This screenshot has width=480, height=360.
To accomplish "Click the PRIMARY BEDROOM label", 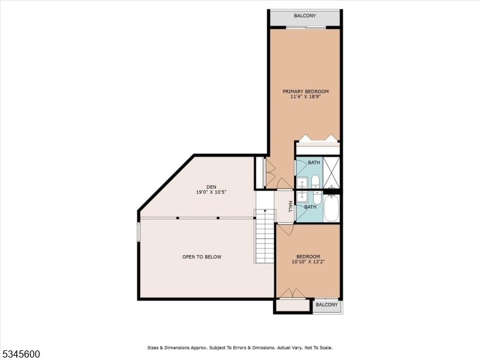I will (x=305, y=92).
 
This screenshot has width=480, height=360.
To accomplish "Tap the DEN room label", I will (x=211, y=187).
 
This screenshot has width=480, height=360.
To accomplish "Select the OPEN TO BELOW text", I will (x=202, y=257).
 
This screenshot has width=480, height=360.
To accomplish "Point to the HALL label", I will (x=290, y=206).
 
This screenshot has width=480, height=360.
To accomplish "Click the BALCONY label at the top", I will (x=305, y=16).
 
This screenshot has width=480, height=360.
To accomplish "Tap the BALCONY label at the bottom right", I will (x=327, y=305).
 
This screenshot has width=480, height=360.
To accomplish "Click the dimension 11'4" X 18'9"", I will (x=305, y=97).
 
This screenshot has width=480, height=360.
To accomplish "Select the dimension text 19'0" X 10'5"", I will (x=211, y=192).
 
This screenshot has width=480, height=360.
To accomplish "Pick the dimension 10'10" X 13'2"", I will (x=308, y=262).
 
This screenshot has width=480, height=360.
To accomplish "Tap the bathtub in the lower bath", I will (x=332, y=208).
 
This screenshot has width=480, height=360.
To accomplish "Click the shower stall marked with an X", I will (x=332, y=172).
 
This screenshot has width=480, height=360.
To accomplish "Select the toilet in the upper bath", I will (x=316, y=180).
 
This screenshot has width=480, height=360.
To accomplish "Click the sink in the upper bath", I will (x=301, y=182).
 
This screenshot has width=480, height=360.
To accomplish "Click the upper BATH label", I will (x=314, y=163).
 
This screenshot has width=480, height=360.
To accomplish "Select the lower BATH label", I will (x=310, y=207).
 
